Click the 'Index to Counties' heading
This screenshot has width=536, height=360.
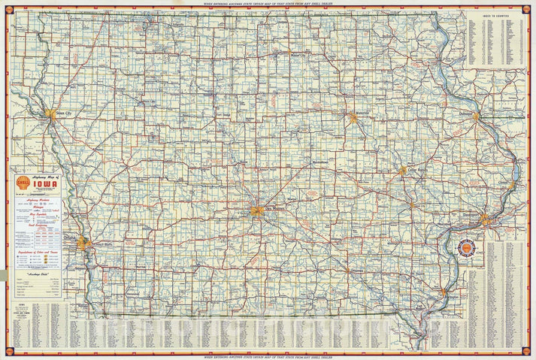coord(494,14)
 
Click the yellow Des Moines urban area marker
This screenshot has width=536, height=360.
coord(258,212)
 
